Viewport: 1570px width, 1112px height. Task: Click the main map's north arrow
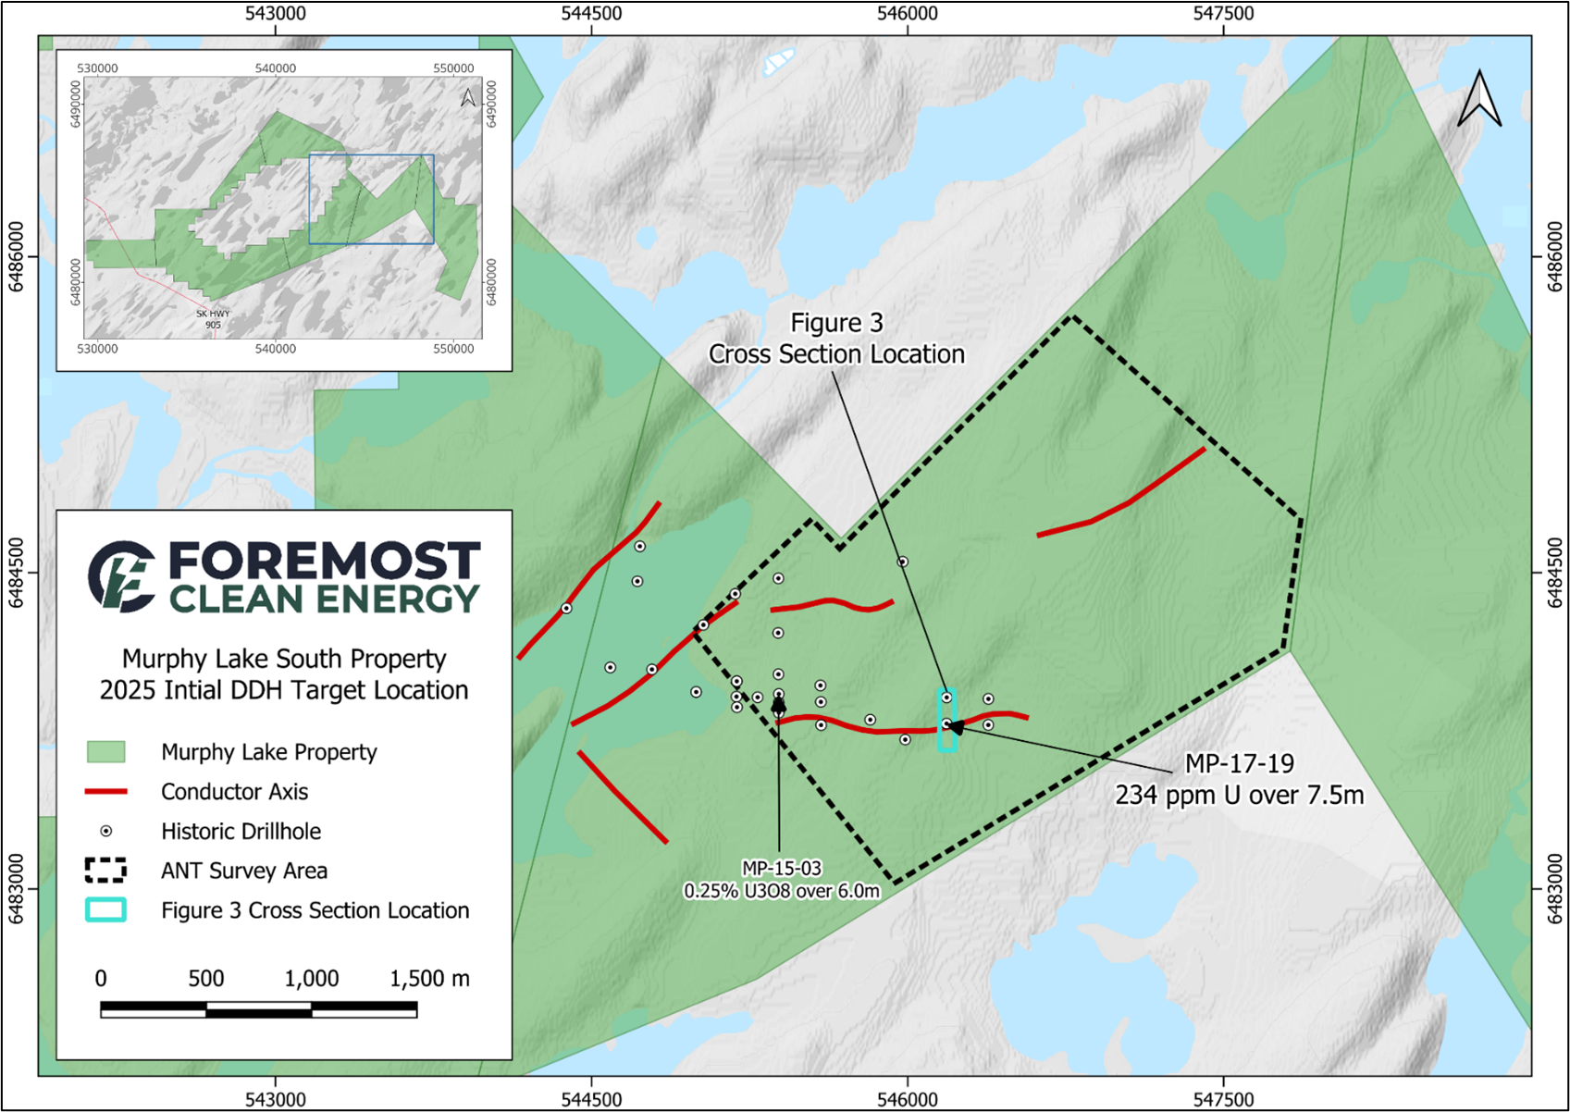[x=1479, y=99]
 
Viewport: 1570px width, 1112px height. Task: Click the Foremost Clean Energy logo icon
[x=121, y=576]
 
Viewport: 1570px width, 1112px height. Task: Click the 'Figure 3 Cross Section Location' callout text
[x=836, y=339]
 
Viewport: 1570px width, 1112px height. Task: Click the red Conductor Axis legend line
[x=106, y=792]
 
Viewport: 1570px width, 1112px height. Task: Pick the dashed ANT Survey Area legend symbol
[x=105, y=871]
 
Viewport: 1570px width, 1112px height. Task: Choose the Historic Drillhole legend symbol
[x=105, y=831]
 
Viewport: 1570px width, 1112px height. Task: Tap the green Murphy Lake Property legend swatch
[x=105, y=751]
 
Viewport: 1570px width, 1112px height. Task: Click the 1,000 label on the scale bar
[x=312, y=979]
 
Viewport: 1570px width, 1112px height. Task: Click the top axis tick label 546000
[x=908, y=13]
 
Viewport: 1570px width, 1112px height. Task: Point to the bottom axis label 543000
[x=276, y=1100]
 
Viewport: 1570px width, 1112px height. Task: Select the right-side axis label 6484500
[x=1556, y=573]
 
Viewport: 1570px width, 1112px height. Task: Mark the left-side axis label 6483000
[x=15, y=889]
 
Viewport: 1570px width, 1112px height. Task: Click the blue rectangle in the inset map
[x=371, y=199]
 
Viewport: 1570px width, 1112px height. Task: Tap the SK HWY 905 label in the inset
[x=213, y=319]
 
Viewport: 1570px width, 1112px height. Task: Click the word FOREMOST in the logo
[x=325, y=562]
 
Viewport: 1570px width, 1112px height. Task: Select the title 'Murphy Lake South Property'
[x=284, y=659]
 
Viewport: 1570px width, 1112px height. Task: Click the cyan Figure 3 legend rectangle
[x=105, y=910]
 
